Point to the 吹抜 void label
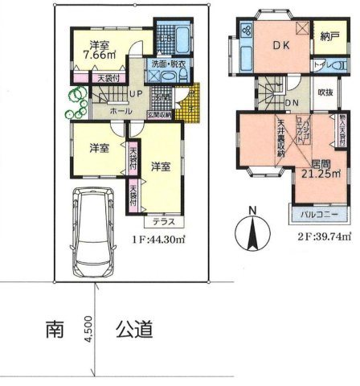[x=325, y=92]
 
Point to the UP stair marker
[x=136, y=93]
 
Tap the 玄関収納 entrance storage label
[x=159, y=113]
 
